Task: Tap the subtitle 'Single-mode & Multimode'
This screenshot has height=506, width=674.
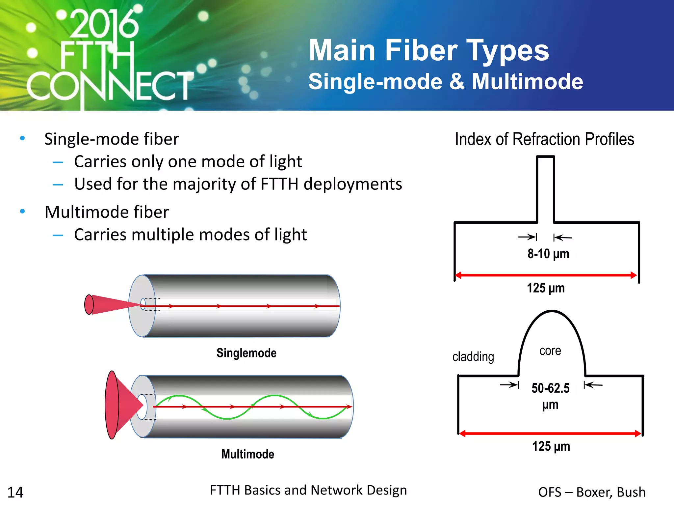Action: tap(445, 82)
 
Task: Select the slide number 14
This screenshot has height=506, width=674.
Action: tap(15, 492)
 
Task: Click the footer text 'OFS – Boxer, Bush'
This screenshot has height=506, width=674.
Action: tap(591, 492)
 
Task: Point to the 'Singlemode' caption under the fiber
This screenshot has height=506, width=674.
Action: tap(246, 353)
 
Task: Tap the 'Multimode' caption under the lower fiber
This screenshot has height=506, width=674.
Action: tap(247, 454)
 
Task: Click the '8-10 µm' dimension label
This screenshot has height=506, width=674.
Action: tap(548, 254)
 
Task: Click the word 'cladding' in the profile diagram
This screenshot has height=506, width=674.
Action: tap(473, 357)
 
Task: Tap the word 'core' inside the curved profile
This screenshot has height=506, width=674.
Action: tap(550, 351)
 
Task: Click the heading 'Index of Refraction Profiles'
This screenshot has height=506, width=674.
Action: tap(544, 139)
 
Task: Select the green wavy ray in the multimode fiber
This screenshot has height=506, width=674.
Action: tap(227, 418)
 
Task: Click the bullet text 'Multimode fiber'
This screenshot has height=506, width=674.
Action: tap(107, 212)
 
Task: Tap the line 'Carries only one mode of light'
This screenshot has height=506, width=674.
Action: tap(188, 162)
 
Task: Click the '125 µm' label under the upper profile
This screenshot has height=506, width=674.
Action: tap(546, 288)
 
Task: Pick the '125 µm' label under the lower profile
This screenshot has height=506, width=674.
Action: tap(551, 447)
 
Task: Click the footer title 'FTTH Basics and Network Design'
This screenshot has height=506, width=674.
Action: tap(308, 490)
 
